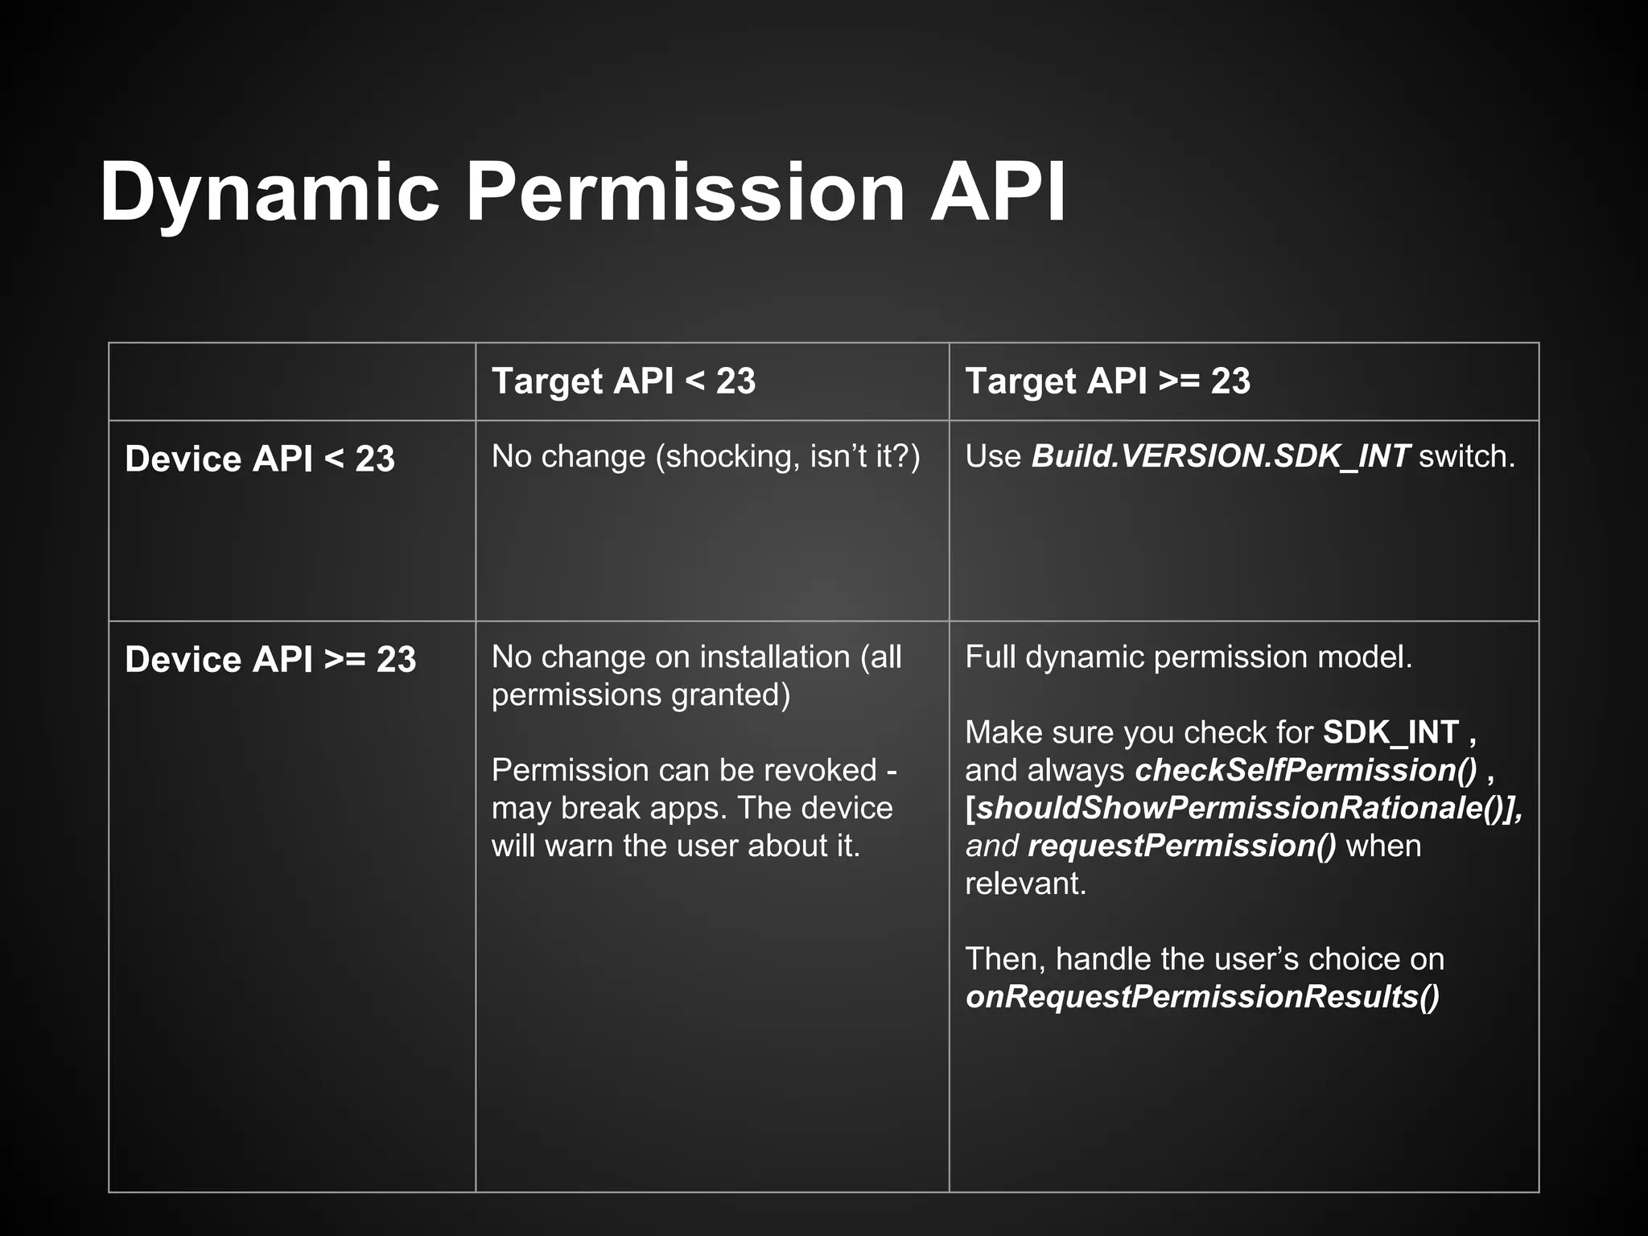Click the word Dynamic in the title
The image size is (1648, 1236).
tap(270, 193)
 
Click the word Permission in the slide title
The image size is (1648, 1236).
tap(686, 193)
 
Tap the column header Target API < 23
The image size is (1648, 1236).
tap(624, 381)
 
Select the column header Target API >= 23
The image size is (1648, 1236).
tap(1107, 381)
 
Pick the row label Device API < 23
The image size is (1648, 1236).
tap(260, 459)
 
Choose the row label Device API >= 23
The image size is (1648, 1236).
tap(270, 659)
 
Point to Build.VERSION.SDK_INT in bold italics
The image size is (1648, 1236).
tap(1220, 456)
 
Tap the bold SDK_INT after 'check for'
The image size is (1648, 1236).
tap(1390, 732)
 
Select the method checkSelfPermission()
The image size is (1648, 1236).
tap(1306, 770)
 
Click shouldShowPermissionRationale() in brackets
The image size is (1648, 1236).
tap(1242, 808)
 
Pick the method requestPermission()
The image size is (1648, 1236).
tap(1182, 846)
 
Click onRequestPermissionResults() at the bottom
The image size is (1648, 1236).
tap(1202, 996)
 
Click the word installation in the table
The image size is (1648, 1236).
tap(775, 657)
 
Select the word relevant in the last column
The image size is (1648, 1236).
tap(1024, 884)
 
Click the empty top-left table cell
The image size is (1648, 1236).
tap(292, 381)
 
